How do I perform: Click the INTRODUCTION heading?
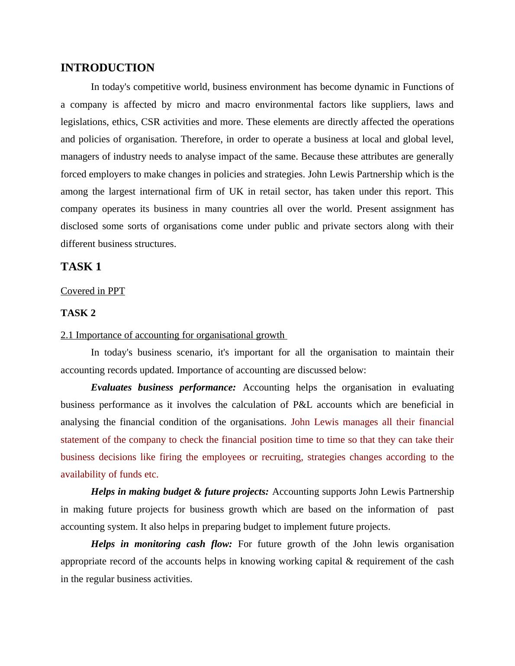click(107, 68)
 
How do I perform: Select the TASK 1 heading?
click(81, 267)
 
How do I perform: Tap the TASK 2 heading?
click(78, 313)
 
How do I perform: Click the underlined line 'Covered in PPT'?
click(93, 291)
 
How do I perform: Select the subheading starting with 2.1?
click(173, 335)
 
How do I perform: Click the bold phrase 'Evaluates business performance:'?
click(163, 387)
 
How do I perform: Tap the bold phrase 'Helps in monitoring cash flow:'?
click(161, 544)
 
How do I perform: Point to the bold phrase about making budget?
click(180, 492)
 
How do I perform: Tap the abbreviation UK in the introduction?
click(236, 192)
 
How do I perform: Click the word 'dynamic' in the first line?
click(372, 87)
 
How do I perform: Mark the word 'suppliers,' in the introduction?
click(390, 105)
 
